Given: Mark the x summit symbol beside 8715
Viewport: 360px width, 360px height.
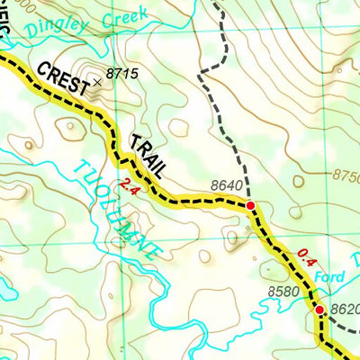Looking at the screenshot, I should click(98, 83).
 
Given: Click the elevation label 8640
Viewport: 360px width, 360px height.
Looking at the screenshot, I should click(227, 186).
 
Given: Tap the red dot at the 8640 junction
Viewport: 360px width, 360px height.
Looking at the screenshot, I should click(250, 205).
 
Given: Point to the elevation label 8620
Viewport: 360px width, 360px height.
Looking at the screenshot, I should click(345, 308).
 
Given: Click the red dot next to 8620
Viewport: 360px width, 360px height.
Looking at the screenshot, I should click(319, 310).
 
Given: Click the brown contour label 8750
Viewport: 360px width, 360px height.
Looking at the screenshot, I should click(346, 177).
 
